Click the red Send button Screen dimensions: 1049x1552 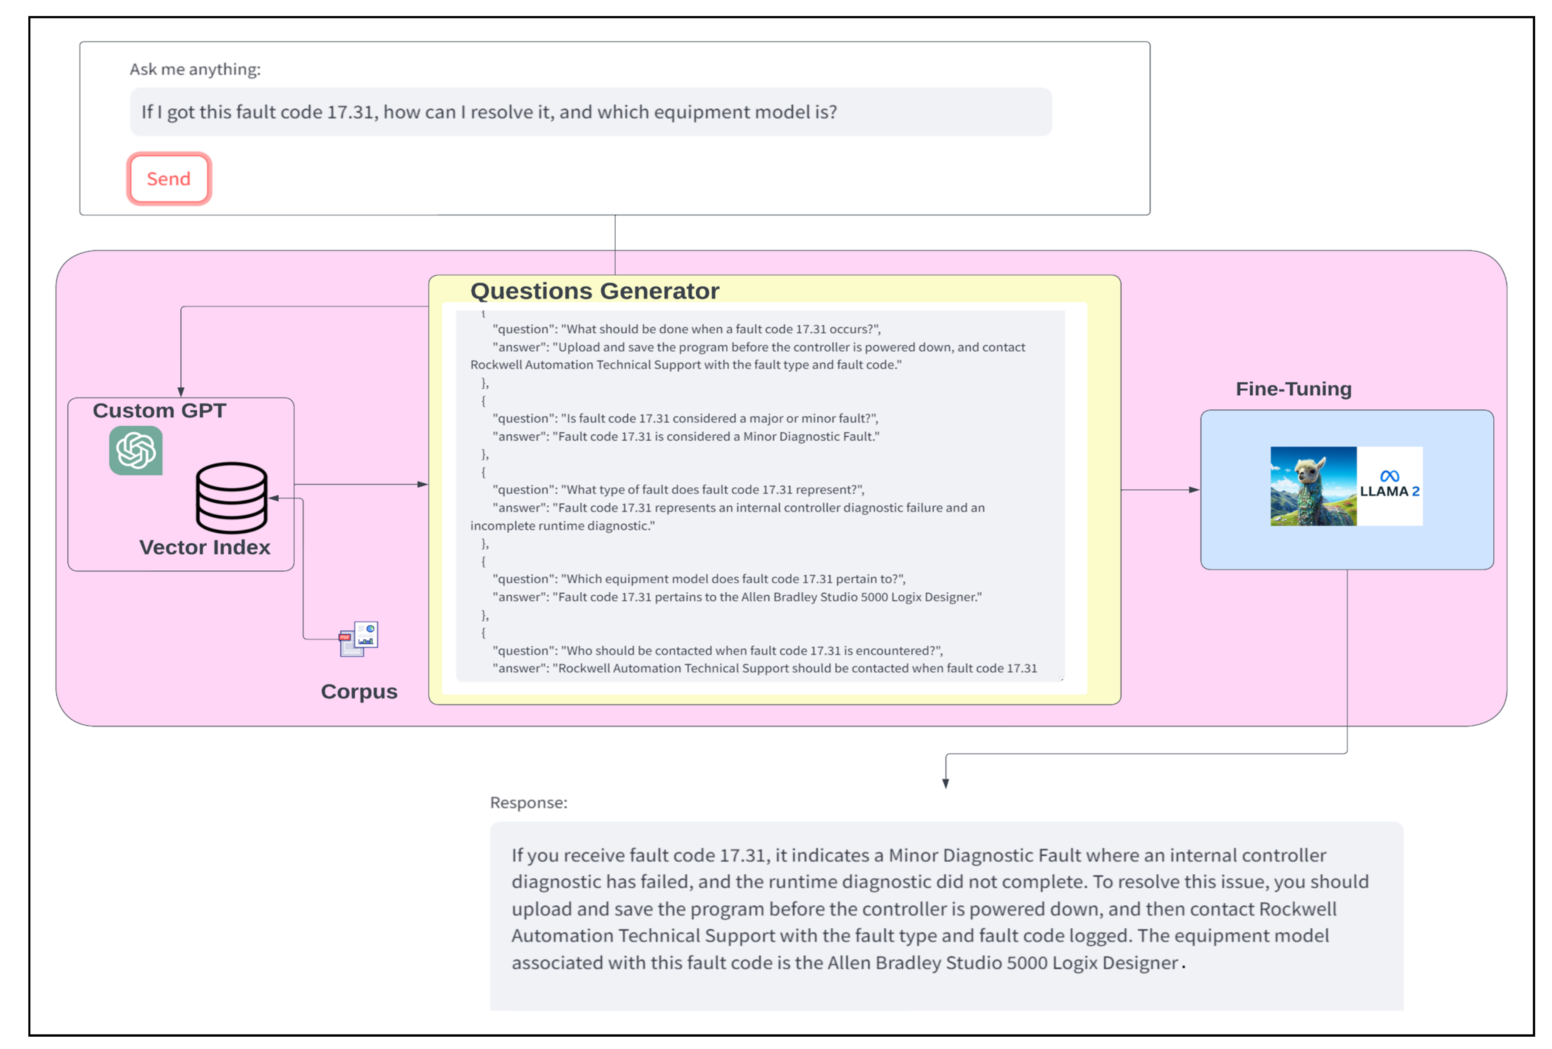[169, 179]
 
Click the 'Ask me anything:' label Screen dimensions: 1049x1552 [195, 69]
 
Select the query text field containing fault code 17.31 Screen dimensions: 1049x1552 [590, 112]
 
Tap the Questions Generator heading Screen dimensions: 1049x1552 [594, 291]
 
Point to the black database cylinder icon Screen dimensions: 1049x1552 [232, 497]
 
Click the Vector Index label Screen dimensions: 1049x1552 [205, 547]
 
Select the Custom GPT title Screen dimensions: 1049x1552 [160, 410]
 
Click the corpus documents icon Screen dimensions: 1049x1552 [359, 639]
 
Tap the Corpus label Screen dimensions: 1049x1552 [359, 692]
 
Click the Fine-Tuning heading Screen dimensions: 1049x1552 [1293, 389]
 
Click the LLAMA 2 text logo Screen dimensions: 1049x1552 [1390, 492]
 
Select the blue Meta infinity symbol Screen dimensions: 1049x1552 [1390, 476]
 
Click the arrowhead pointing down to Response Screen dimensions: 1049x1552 [946, 783]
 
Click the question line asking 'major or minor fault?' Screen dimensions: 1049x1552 [685, 418]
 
